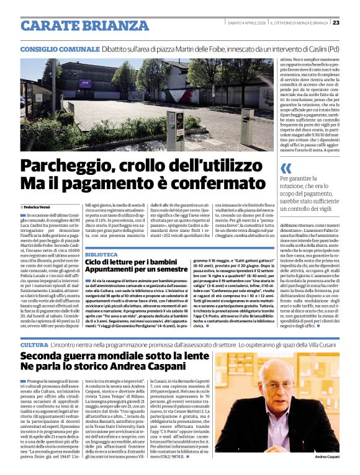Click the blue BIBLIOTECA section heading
click(x=101, y=255)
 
